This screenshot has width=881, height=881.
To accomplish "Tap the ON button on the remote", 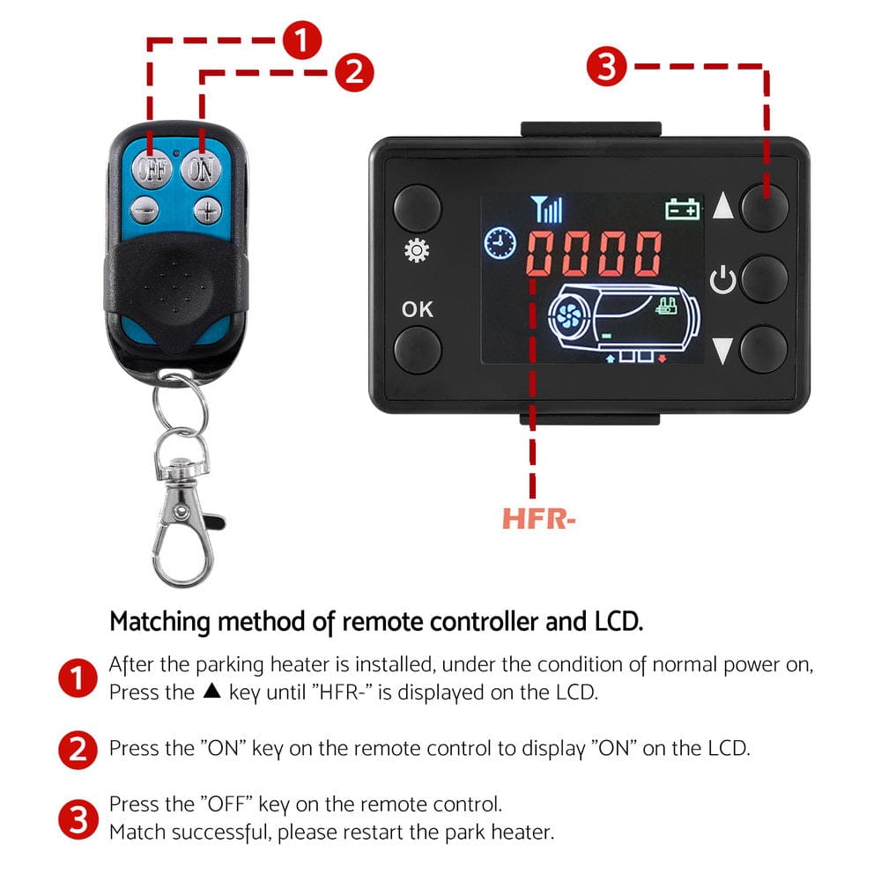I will pyautogui.click(x=202, y=168).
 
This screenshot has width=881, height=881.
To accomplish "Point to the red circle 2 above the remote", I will pyautogui.click(x=354, y=71).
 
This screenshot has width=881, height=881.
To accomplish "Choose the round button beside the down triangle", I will pyautogui.click(x=764, y=348).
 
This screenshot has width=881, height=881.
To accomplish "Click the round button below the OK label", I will pyautogui.click(x=417, y=349).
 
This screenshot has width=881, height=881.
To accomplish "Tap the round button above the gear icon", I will pyautogui.click(x=417, y=208).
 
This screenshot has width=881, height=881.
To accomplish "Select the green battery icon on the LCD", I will pyautogui.click(x=683, y=210).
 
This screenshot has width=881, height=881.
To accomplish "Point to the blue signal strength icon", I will pyautogui.click(x=547, y=210).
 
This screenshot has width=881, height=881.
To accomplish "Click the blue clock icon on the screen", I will pyautogui.click(x=500, y=242).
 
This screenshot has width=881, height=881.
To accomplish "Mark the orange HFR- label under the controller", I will pyautogui.click(x=538, y=520).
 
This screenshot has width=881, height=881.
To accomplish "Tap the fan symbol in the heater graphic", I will pyautogui.click(x=564, y=313).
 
